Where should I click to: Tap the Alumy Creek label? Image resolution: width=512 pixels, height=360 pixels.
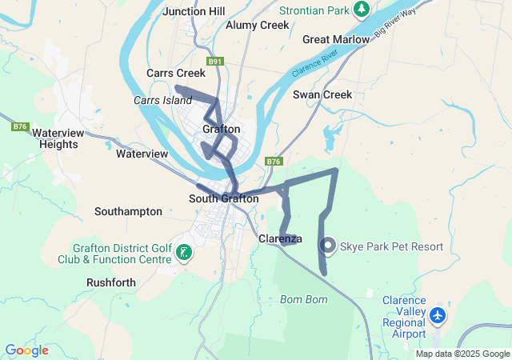257,25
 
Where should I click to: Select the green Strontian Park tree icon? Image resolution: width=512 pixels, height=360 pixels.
362,9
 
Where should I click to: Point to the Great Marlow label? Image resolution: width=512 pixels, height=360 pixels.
335,39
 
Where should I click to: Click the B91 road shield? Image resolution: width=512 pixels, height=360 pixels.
214,61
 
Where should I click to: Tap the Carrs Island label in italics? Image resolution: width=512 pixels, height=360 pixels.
162,100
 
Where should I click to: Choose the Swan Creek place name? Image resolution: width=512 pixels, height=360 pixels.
322,94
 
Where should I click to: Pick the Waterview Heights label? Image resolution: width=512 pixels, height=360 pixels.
58,138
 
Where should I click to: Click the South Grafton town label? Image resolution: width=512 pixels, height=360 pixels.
223,198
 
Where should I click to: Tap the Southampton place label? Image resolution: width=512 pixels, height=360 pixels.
128,211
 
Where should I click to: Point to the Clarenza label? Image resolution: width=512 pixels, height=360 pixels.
279,238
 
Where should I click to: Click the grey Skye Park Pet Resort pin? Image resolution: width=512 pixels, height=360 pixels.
328,246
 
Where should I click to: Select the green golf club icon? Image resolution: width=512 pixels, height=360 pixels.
184,253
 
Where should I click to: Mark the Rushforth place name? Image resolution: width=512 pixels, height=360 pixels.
110,282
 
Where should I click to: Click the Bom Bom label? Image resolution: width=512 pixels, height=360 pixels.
304,299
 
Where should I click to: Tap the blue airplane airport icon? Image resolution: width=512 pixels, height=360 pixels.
437,315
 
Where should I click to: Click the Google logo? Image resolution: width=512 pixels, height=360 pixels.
26,350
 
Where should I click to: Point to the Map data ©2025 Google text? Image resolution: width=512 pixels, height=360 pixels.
462,354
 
